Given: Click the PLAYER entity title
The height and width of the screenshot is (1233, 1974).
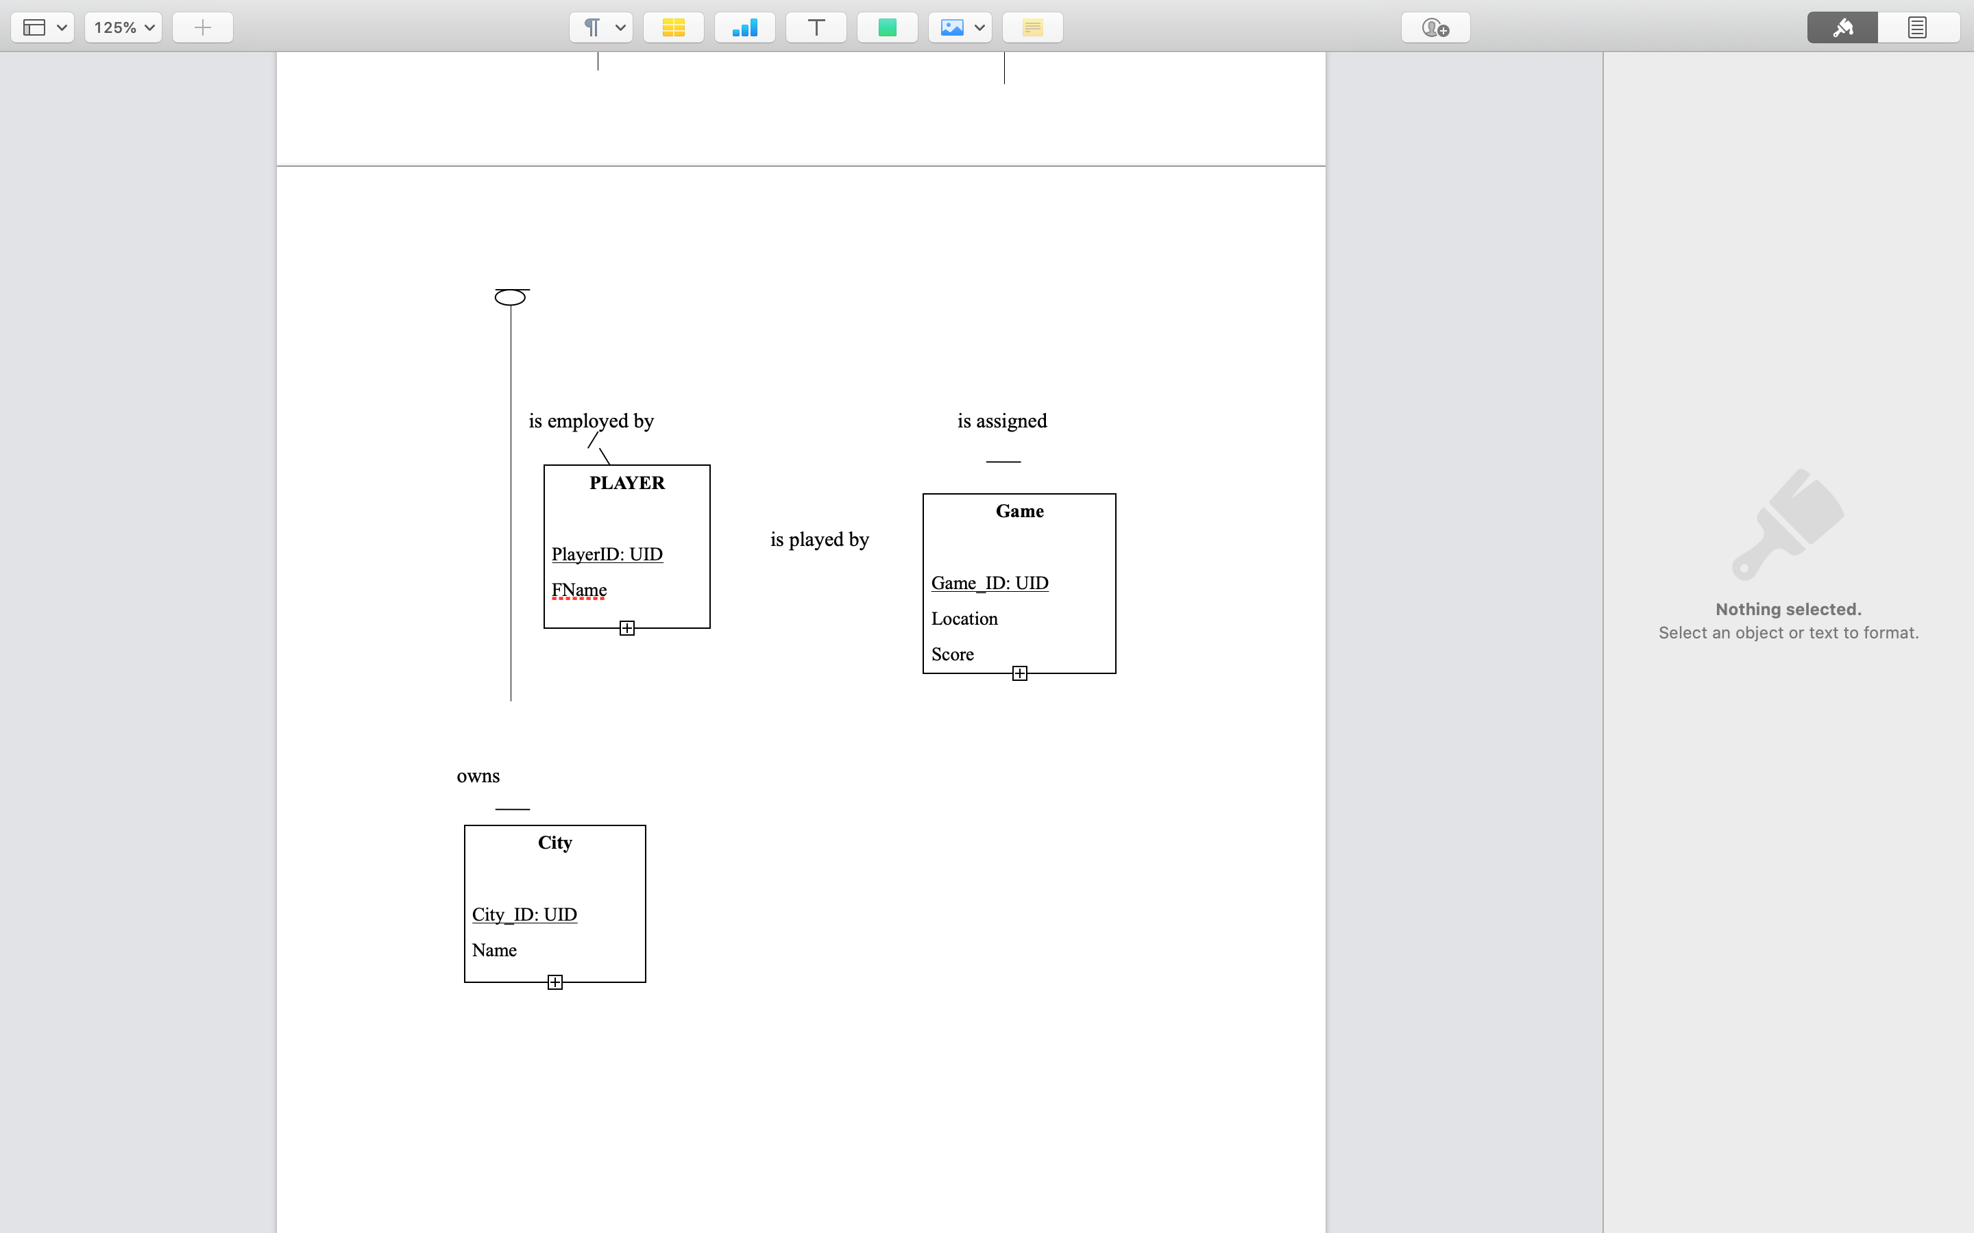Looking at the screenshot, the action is click(626, 483).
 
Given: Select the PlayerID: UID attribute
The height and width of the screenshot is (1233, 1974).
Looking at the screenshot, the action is click(607, 555).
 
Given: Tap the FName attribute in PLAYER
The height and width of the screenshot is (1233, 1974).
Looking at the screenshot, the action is click(579, 590).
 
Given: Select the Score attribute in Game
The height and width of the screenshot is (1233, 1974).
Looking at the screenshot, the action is click(952, 655).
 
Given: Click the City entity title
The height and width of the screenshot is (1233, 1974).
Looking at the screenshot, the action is click(555, 843).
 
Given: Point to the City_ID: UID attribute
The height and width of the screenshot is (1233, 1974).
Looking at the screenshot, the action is click(524, 915).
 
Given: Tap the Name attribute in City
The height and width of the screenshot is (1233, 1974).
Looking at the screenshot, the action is click(494, 950).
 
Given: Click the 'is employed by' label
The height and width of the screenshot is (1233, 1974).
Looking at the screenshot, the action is click(591, 421).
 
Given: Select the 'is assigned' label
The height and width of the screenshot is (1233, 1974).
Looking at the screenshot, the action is click(1001, 421).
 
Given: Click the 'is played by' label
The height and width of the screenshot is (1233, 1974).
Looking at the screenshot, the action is click(819, 540).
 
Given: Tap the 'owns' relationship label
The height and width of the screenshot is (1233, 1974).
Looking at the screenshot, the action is click(478, 776).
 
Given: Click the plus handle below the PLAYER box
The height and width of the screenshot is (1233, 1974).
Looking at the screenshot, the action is click(626, 628).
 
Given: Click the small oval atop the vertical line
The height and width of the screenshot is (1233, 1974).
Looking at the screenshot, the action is click(510, 298).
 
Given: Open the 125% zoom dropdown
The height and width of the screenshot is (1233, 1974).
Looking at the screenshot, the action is click(123, 27).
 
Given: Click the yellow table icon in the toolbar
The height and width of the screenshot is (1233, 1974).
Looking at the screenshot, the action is click(673, 27).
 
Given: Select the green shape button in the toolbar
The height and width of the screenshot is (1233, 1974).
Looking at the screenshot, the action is click(887, 27).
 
